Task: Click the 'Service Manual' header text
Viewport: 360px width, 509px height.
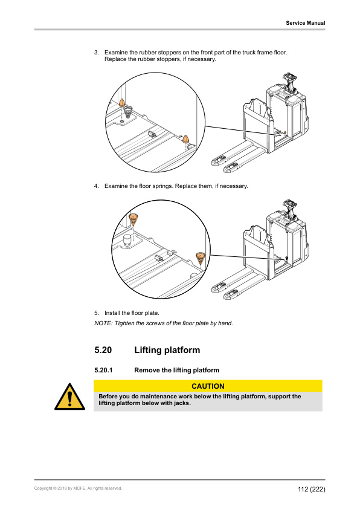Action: point(305,23)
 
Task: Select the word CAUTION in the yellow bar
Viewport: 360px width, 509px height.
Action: point(208,386)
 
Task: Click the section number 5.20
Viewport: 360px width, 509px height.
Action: point(103,350)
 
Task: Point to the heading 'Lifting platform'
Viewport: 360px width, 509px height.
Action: point(167,350)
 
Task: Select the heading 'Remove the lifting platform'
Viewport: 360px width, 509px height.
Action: point(176,370)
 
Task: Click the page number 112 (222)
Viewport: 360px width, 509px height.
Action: point(310,488)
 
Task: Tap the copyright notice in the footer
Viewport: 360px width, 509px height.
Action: point(78,488)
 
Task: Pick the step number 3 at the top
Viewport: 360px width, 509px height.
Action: point(97,53)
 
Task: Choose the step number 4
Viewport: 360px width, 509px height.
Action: point(97,186)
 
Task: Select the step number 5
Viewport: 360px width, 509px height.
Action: point(97,313)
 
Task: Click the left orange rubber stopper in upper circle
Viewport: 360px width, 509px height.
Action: point(122,103)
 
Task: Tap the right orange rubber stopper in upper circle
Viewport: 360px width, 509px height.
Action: point(187,140)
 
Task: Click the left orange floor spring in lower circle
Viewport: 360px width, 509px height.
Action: point(133,219)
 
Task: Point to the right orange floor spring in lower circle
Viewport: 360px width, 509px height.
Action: point(200,258)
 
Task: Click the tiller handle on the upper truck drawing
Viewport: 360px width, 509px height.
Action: point(288,78)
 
